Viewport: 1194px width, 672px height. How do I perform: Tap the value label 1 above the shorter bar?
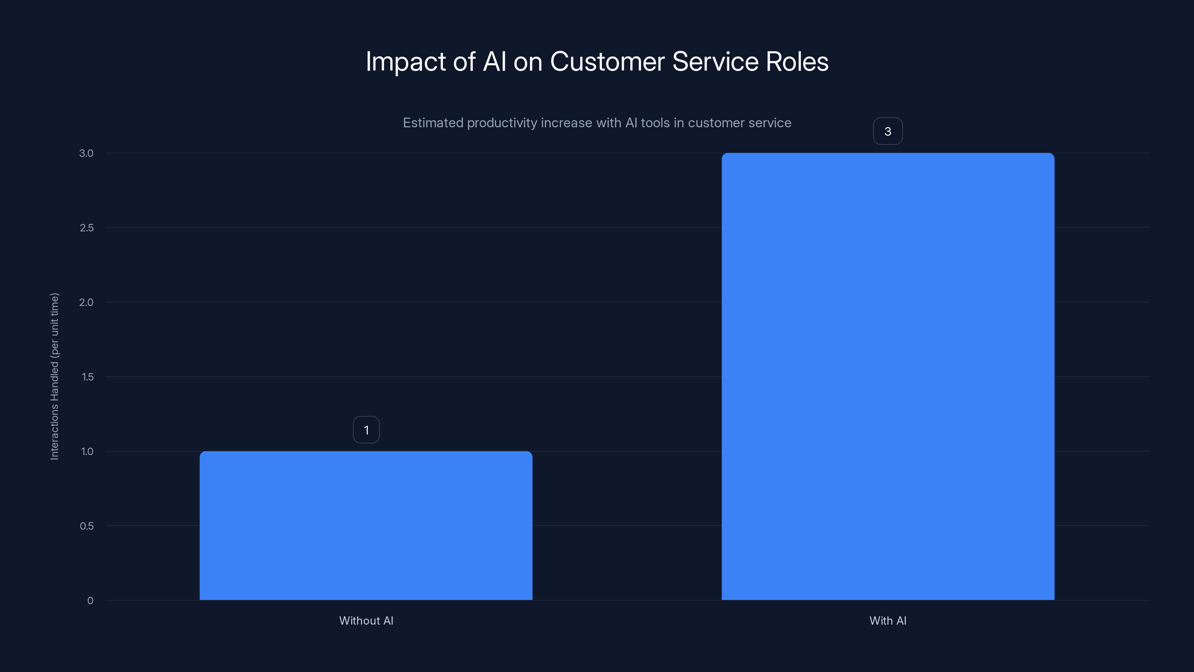[x=366, y=430]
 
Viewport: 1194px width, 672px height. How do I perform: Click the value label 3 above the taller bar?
[x=888, y=131]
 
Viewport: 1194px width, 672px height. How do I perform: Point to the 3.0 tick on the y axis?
[x=86, y=153]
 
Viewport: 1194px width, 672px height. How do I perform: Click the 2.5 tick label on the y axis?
[x=86, y=228]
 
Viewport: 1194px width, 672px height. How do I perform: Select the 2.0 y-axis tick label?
[x=86, y=302]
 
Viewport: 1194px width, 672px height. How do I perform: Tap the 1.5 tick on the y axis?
[x=87, y=377]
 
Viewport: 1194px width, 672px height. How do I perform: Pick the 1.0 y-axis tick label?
[x=87, y=451]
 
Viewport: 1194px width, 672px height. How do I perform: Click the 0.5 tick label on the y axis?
[x=86, y=526]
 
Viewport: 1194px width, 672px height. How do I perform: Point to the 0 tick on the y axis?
[x=90, y=601]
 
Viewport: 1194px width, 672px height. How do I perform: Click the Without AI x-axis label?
[x=366, y=620]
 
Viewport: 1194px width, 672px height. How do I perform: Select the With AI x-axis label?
[x=888, y=620]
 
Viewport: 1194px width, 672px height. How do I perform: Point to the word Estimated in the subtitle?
[x=432, y=123]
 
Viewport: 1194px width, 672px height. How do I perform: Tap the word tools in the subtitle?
[x=655, y=123]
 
